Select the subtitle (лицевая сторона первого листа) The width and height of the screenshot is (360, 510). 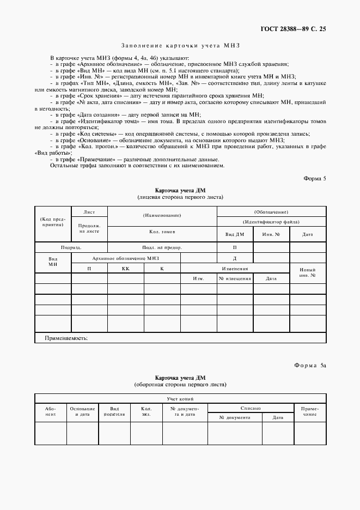tap(180, 197)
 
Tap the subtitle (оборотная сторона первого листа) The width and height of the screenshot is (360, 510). tap(180, 384)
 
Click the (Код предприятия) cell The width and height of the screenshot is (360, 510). tap(53, 221)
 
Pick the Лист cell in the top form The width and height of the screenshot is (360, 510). tap(89, 211)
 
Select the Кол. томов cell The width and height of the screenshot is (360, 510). tap(162, 232)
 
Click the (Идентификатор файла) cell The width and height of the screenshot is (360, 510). tap(272, 222)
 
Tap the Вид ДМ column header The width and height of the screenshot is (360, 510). tap(235, 234)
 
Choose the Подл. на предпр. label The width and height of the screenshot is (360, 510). tap(162, 247)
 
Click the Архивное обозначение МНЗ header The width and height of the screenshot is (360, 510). tap(126, 258)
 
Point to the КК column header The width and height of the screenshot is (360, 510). tap(125, 269)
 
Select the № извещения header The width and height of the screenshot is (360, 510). tap(235, 278)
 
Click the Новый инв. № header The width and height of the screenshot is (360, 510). tap(308, 272)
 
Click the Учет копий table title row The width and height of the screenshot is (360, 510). tap(180, 399)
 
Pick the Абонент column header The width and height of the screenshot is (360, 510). tap(50, 411)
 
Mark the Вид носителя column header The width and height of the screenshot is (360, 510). tap(114, 411)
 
